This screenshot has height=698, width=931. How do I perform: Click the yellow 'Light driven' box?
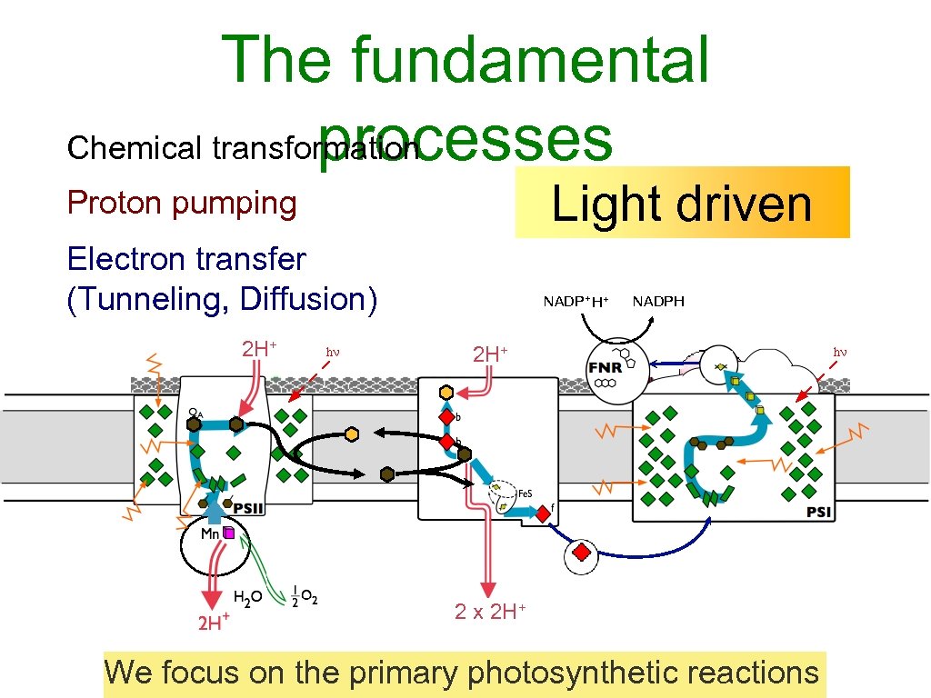pyautogui.click(x=682, y=203)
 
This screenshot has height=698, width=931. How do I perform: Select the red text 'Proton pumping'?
pyautogui.click(x=182, y=204)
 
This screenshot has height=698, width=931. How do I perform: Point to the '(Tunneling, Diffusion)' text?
pyautogui.click(x=222, y=298)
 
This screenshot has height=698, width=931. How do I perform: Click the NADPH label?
pyautogui.click(x=658, y=301)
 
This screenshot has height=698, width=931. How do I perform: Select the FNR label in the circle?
pyautogui.click(x=606, y=368)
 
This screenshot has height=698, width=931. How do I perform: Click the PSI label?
pyautogui.click(x=817, y=512)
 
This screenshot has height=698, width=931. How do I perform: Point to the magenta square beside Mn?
pyautogui.click(x=229, y=533)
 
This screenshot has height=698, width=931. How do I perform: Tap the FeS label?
pyautogui.click(x=525, y=493)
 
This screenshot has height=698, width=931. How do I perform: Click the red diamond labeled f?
pyautogui.click(x=543, y=514)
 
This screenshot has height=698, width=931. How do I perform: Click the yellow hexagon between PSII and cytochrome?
pyautogui.click(x=352, y=434)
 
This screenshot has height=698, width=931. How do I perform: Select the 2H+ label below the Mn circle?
pyautogui.click(x=213, y=623)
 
